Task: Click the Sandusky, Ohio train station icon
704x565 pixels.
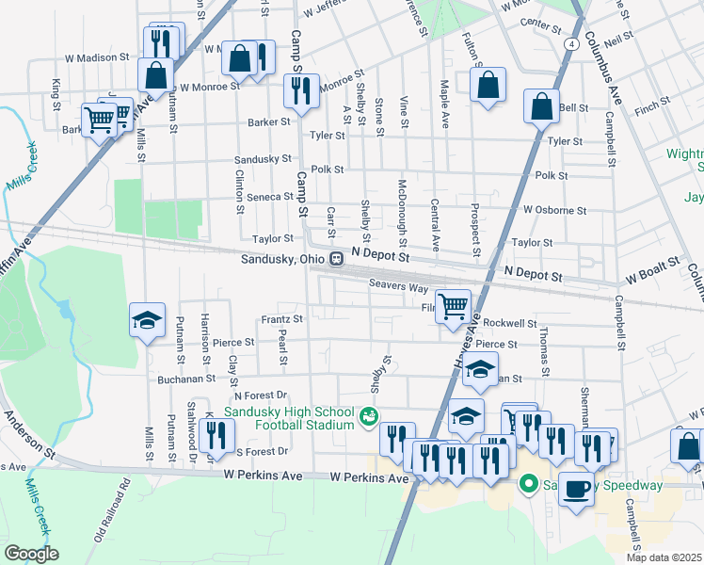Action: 334,260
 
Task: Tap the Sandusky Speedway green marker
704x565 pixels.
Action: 528,485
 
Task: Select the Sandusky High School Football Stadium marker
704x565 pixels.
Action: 369,414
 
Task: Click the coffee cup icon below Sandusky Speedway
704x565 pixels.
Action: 577,489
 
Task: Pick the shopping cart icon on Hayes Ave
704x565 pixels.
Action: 454,305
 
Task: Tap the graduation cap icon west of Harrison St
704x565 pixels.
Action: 148,321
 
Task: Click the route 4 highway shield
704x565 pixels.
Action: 572,44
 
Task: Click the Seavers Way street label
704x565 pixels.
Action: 398,283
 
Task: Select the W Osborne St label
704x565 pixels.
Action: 555,210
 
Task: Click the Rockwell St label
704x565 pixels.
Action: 509,322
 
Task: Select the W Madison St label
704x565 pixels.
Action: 98,57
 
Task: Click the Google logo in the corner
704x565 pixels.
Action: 31,554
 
